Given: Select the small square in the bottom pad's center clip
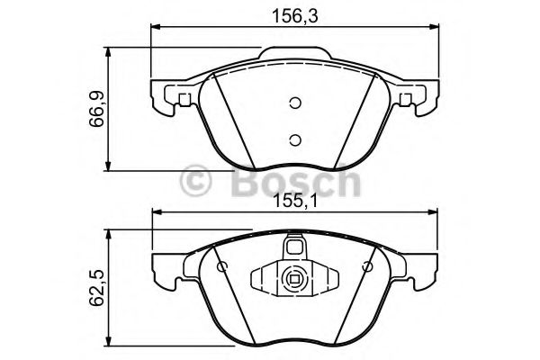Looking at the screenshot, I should coord(293,278).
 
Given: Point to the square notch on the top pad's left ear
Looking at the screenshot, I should coord(184,98).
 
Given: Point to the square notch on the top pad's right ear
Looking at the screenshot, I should coord(407,98).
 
